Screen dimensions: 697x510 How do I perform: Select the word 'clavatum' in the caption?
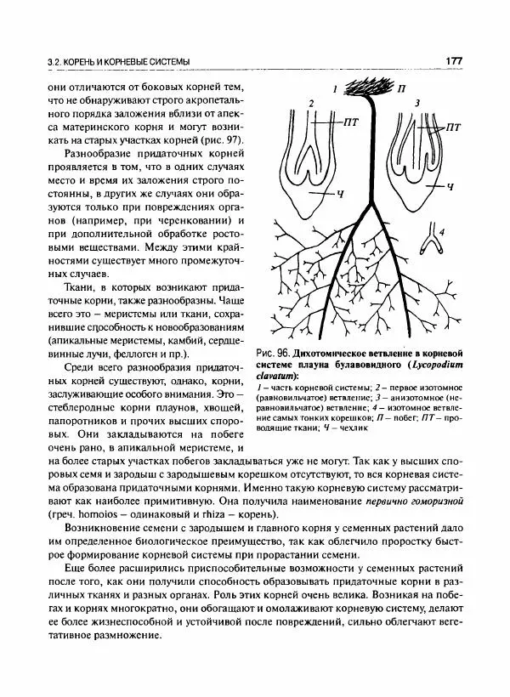291,377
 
